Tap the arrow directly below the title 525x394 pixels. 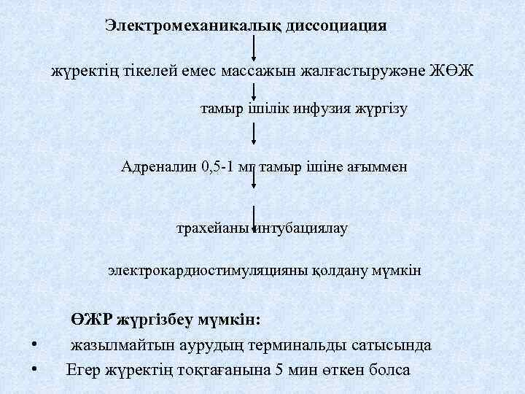click(253, 47)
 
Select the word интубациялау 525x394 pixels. click(303, 228)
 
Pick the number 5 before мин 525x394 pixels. click(276, 368)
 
